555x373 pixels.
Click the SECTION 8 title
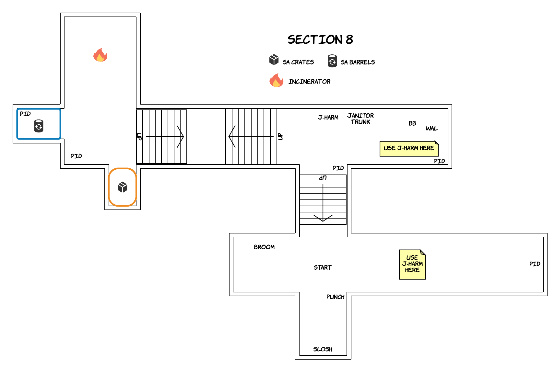320,40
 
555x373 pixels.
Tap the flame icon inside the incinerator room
100,55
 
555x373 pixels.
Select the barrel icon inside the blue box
39,126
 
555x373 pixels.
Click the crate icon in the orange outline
123,187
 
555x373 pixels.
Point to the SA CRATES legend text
298,62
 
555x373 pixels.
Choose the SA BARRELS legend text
358,62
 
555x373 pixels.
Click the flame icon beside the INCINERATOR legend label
276,80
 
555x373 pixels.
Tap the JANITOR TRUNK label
360,119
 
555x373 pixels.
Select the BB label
412,123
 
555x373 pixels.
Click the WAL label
431,129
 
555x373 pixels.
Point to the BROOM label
264,247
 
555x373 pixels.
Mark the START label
323,267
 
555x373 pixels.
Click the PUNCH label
336,297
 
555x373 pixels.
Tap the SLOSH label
323,349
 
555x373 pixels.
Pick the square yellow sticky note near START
412,265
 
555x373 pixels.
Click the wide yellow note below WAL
409,149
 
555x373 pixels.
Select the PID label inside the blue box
25,114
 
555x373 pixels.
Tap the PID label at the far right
535,264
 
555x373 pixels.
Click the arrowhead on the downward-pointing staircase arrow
323,218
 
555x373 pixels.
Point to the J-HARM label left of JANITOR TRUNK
328,117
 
